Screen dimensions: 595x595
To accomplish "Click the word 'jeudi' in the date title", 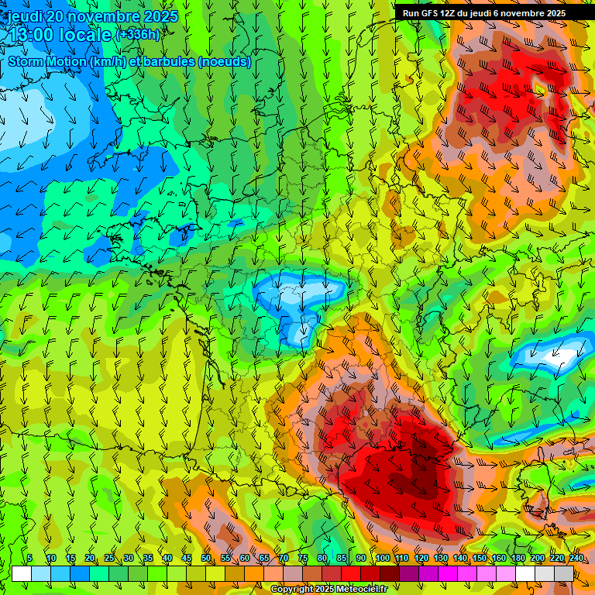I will click(x=25, y=17).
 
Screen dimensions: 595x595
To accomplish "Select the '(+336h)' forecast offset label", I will click(x=137, y=35).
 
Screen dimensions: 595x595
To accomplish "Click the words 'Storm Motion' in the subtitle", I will click(x=47, y=61).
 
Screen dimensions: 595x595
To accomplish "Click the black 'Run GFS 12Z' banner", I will click(x=484, y=13).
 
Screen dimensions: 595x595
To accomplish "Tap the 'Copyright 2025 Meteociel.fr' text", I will click(x=328, y=590).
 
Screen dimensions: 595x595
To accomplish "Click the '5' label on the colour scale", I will click(x=29, y=559).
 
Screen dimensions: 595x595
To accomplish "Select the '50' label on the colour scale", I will click(x=206, y=559).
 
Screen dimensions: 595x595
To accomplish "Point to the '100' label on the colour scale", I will click(x=382, y=559).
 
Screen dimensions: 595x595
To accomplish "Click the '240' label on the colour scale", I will click(x=576, y=559).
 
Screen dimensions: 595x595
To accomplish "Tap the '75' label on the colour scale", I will click(x=303, y=559).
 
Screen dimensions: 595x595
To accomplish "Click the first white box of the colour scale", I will click(x=22, y=573).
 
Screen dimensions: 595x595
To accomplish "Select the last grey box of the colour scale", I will click(x=564, y=573).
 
